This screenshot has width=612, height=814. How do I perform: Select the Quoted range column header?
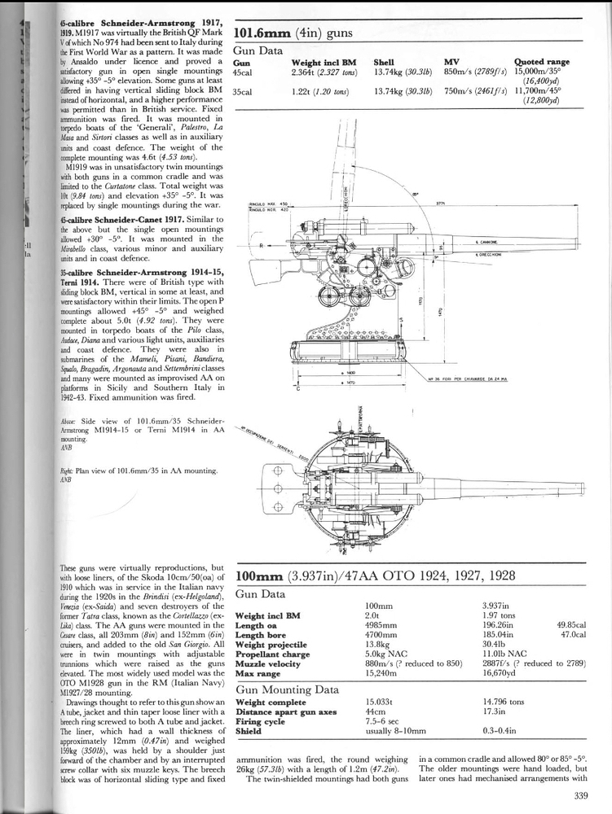point(541,62)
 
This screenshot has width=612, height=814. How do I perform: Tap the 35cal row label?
point(242,92)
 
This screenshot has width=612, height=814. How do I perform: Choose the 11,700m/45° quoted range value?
point(541,92)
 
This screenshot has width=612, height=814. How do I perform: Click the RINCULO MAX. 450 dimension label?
point(270,203)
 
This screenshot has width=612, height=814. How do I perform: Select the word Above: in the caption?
point(68,422)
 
